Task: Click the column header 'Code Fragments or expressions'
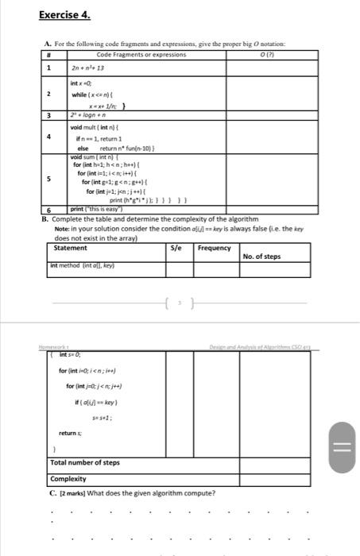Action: (141, 54)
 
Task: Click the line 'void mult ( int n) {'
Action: (99, 126)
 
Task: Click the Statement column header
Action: (70, 248)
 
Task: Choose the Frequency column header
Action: (214, 248)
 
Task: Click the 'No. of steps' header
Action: (261, 256)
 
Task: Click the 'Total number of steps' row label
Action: (84, 462)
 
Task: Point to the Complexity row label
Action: (68, 479)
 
